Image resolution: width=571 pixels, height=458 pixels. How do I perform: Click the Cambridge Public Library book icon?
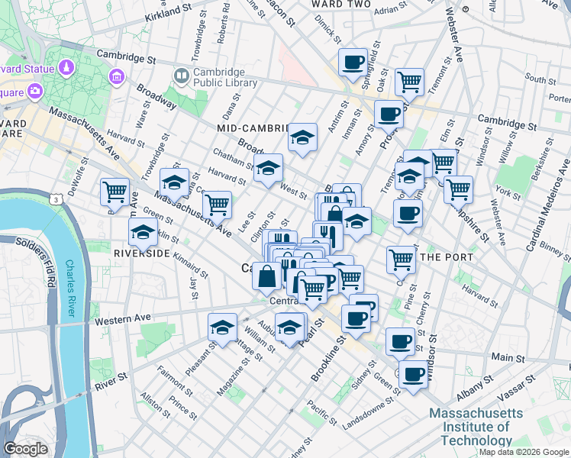click(181, 75)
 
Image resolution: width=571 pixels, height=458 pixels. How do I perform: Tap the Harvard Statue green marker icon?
click(66, 68)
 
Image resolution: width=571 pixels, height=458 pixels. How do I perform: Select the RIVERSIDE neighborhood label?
click(142, 252)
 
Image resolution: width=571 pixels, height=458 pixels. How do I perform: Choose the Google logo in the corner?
click(26, 449)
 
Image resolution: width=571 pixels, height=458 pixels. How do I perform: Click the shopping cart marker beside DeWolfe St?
click(115, 191)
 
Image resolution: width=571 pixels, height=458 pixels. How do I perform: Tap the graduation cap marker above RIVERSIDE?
click(143, 231)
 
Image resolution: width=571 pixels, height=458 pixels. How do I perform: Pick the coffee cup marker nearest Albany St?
click(413, 375)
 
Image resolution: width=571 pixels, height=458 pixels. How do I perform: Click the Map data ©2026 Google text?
click(523, 452)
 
